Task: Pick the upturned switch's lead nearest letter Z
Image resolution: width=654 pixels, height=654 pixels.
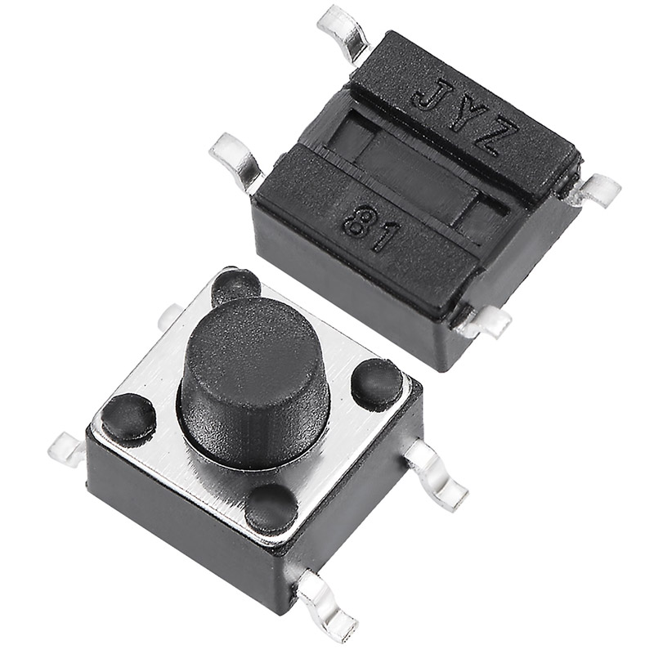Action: click(594, 193)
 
